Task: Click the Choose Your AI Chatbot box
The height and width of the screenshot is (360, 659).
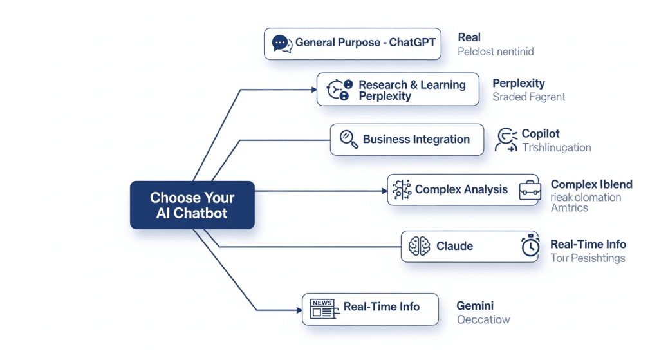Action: pyautogui.click(x=192, y=205)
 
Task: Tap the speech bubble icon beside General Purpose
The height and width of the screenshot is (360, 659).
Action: pyautogui.click(x=280, y=43)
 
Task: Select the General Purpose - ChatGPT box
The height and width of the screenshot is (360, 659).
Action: pyautogui.click(x=352, y=43)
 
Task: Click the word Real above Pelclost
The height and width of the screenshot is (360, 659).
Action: pyautogui.click(x=469, y=37)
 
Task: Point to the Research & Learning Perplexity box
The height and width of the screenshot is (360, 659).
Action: pyautogui.click(x=398, y=90)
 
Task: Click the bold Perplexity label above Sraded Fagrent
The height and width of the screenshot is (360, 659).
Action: pyautogui.click(x=518, y=83)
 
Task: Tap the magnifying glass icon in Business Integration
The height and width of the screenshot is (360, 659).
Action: pyautogui.click(x=348, y=139)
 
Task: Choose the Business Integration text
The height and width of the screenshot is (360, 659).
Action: pyautogui.click(x=416, y=139)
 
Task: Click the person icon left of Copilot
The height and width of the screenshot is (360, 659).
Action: pyautogui.click(x=506, y=140)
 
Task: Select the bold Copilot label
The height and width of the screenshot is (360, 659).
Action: pyautogui.click(x=541, y=134)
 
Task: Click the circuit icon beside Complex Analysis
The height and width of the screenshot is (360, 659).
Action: pyautogui.click(x=402, y=189)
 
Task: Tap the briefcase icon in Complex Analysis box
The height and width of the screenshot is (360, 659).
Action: pyautogui.click(x=529, y=189)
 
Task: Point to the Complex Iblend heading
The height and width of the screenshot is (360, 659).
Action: pyautogui.click(x=591, y=184)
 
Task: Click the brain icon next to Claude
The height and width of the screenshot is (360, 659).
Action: pyautogui.click(x=420, y=246)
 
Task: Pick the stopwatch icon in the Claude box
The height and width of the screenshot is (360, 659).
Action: pyautogui.click(x=530, y=246)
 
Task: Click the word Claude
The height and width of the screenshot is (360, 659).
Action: pyautogui.click(x=454, y=246)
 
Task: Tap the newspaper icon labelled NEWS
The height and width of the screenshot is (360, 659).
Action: pyautogui.click(x=322, y=308)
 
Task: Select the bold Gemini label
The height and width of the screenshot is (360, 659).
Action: pyautogui.click(x=475, y=306)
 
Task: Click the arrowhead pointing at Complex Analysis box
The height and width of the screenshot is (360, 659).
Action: pyautogui.click(x=383, y=191)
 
